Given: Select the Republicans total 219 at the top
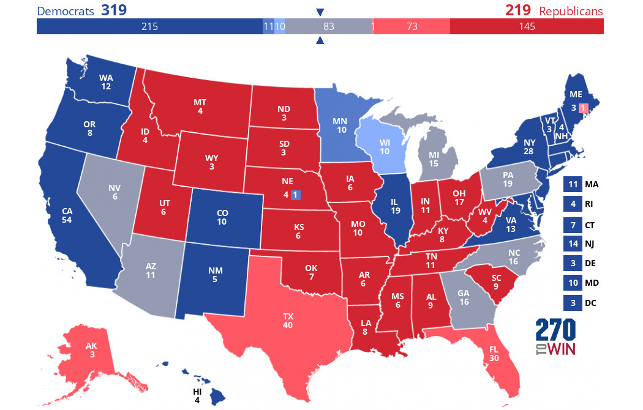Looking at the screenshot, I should click(517, 11).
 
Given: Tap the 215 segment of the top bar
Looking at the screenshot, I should click(149, 26).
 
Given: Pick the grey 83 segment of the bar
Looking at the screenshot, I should click(329, 26).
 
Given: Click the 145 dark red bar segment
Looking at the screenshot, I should click(527, 26).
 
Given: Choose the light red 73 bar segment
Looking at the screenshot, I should click(412, 26).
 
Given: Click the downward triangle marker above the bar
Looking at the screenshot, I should click(320, 12).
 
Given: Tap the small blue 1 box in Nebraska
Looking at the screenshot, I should click(295, 195).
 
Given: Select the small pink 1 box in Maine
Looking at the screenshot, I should click(583, 108).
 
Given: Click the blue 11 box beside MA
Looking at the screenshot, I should click(572, 184).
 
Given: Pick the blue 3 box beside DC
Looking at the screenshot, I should click(572, 302).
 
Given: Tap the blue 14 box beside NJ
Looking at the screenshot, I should click(572, 244).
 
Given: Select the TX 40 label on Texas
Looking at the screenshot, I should click(288, 321).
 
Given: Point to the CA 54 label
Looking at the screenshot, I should click(67, 215).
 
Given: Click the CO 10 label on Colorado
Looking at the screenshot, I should click(222, 217).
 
